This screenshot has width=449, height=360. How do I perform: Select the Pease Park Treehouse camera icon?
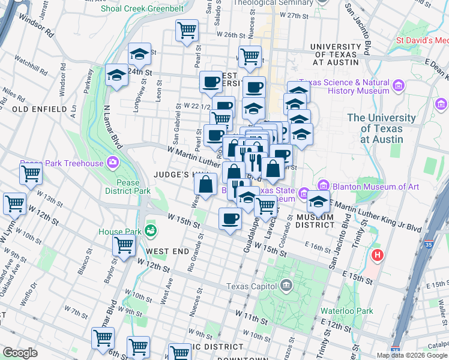[x=112, y=162]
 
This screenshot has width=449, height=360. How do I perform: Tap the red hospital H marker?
[x=377, y=256]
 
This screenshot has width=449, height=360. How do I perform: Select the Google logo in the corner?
[x=20, y=352]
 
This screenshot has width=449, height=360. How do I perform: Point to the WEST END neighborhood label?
[x=164, y=251]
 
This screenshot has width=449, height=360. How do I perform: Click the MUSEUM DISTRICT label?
[x=315, y=220]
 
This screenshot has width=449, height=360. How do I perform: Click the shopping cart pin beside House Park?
[x=124, y=244]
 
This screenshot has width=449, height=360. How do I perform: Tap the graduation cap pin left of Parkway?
[x=117, y=75]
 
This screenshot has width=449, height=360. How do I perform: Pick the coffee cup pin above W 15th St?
[x=229, y=218]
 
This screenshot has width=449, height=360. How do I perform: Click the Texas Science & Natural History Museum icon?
[x=398, y=86]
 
